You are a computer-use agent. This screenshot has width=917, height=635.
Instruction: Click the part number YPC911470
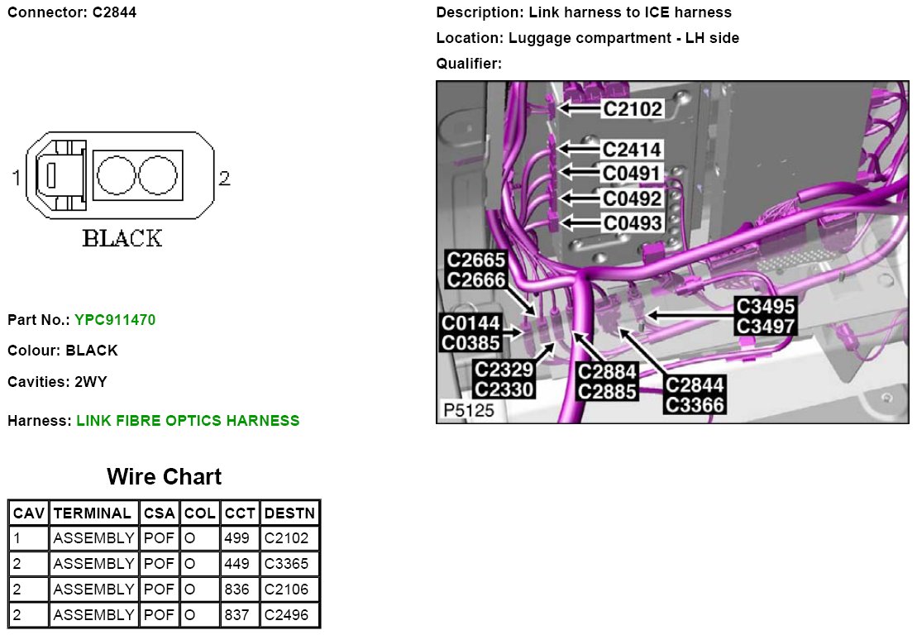pyautogui.click(x=115, y=319)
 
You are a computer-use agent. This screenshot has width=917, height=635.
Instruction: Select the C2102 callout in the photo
pyautogui.click(x=632, y=109)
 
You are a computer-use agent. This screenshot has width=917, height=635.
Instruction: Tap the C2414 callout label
pyautogui.click(x=632, y=150)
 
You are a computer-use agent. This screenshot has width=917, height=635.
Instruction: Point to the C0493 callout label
pyautogui.click(x=632, y=223)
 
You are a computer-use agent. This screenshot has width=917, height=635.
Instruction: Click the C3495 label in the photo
pyautogui.click(x=765, y=307)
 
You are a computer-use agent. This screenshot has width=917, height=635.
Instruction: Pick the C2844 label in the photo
pyautogui.click(x=695, y=385)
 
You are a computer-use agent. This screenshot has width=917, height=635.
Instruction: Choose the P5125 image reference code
pyautogui.click(x=468, y=410)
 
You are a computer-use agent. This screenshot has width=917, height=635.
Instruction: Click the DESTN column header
pyautogui.click(x=289, y=513)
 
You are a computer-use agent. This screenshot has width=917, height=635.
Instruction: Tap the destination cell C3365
pyautogui.click(x=286, y=564)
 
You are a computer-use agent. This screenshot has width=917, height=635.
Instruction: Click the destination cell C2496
pyautogui.click(x=286, y=615)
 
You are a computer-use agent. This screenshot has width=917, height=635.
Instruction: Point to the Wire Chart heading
pyautogui.click(x=164, y=477)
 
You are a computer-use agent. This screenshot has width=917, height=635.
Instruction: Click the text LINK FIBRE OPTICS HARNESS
pyautogui.click(x=188, y=421)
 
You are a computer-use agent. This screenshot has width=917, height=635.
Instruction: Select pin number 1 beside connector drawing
pyautogui.click(x=17, y=177)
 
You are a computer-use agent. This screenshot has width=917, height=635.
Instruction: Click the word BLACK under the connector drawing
pyautogui.click(x=122, y=238)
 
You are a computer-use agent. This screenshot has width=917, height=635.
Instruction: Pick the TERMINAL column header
pyautogui.click(x=92, y=513)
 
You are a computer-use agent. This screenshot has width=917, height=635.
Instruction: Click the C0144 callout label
pyautogui.click(x=470, y=322)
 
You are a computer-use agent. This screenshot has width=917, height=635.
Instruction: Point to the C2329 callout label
pyautogui.click(x=504, y=370)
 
